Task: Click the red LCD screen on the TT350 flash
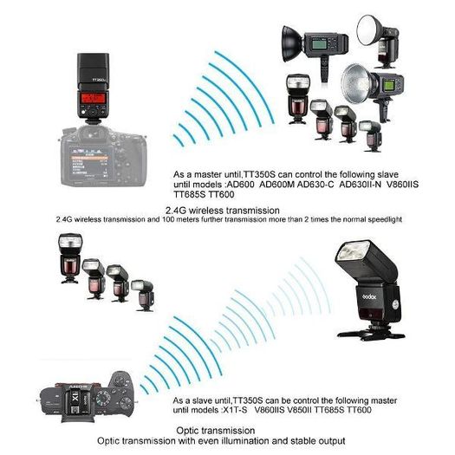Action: tap(93, 98)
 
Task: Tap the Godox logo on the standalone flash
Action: tap(370, 296)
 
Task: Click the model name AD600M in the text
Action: tap(276, 185)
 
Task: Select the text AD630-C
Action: tap(315, 185)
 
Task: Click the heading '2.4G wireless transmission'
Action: tap(223, 210)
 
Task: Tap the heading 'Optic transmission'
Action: tap(216, 431)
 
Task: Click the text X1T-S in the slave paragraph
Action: tap(235, 410)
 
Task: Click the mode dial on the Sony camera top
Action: tap(103, 398)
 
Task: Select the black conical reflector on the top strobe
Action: tap(293, 44)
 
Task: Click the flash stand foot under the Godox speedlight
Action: tap(372, 334)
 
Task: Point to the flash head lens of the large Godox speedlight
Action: tap(351, 251)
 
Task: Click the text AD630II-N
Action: tap(360, 185)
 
